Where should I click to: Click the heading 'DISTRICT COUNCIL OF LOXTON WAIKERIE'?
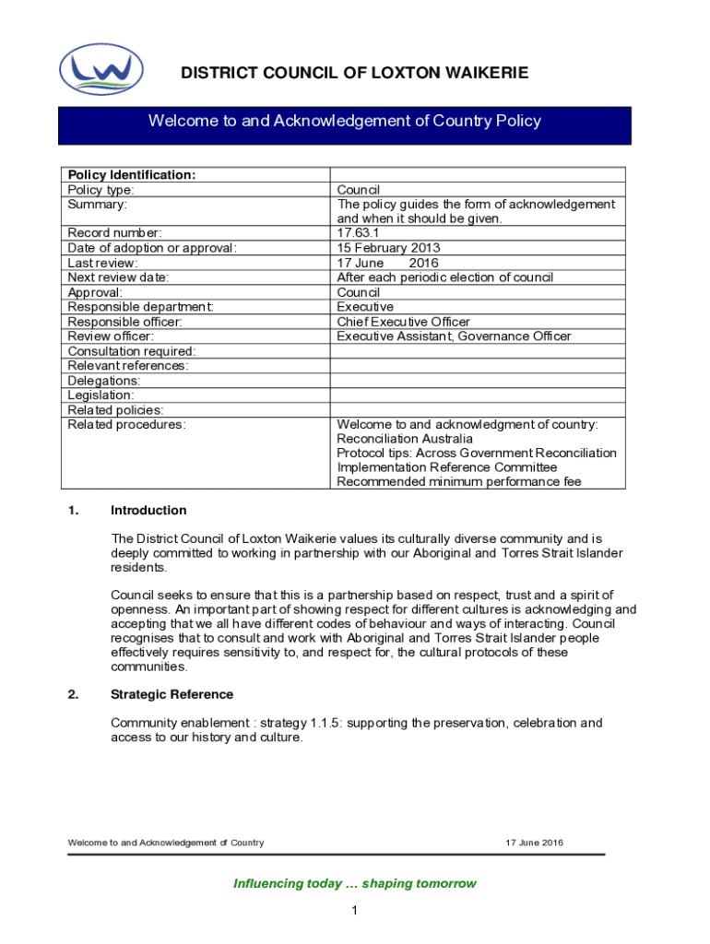pos(354,74)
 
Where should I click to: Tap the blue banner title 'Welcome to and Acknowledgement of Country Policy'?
pos(345,121)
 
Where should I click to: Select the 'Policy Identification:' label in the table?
pos(131,175)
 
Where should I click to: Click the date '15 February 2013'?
pos(388,248)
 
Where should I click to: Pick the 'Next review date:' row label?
pos(118,277)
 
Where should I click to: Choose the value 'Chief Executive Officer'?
pos(403,322)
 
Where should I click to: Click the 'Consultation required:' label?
pos(131,351)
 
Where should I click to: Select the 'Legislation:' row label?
pos(101,395)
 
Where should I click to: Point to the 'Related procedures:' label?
pos(126,424)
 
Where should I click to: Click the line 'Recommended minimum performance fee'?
pos(458,482)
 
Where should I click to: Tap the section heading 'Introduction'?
pos(148,511)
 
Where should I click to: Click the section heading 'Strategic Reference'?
pos(172,695)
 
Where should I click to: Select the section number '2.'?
pos(73,695)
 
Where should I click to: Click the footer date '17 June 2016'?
pos(534,843)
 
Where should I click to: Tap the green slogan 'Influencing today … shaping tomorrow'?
pos(355,884)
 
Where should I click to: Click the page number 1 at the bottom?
pos(353,912)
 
